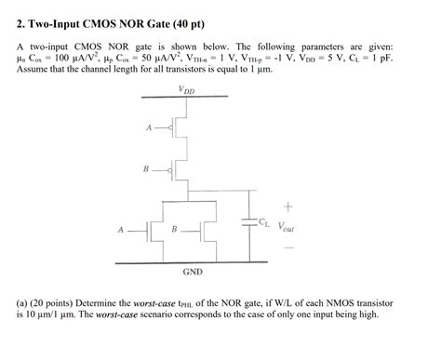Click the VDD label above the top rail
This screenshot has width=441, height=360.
click(187, 89)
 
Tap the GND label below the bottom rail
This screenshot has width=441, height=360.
click(192, 272)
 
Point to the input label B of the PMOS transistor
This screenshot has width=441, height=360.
click(145, 168)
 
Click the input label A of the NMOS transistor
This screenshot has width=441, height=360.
click(121, 228)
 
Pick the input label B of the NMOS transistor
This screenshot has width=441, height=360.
click(176, 228)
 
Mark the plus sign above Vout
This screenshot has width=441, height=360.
click(288, 206)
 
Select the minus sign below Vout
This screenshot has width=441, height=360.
click(288, 247)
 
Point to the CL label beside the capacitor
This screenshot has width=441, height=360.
click(265, 222)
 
